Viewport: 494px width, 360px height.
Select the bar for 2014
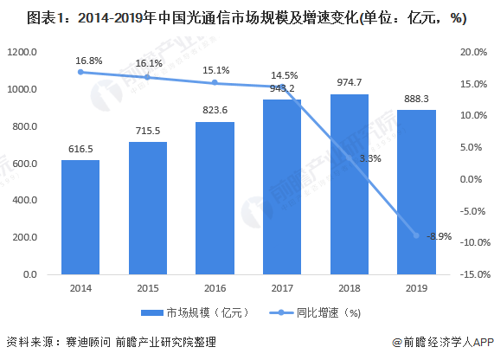[80, 217]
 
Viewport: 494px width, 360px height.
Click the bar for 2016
[215, 198]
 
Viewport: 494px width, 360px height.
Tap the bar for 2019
[416, 192]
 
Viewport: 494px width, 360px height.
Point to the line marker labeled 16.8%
[80, 72]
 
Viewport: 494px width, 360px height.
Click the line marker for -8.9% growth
[416, 235]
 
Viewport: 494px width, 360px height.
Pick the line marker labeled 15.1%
[215, 82]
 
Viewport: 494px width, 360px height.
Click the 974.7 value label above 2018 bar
[350, 82]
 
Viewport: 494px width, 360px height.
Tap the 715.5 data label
[148, 131]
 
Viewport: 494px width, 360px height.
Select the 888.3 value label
[416, 99]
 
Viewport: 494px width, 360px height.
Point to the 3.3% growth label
[370, 158]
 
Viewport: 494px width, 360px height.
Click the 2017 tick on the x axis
[282, 288]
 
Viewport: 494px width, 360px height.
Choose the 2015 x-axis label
[148, 288]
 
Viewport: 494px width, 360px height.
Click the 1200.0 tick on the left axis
[22, 52]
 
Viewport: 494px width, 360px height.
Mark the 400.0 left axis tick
[25, 200]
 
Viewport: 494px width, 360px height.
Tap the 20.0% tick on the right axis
[473, 52]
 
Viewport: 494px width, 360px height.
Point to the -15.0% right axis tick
[475, 274]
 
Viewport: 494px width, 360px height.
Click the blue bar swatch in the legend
[152, 313]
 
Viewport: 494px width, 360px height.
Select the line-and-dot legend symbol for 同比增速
[281, 312]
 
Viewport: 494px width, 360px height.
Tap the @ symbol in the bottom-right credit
[397, 343]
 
